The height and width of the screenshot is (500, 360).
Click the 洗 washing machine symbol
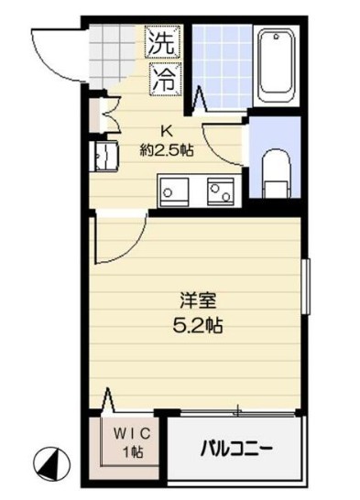[163, 43]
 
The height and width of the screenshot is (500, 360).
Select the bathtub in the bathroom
[275, 66]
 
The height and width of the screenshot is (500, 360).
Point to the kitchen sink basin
[174, 191]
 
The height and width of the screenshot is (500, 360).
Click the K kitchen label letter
[168, 130]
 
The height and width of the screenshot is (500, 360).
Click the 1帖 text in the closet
[131, 451]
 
